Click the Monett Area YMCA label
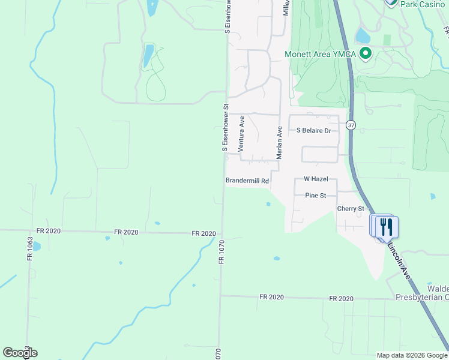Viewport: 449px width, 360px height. coord(321,54)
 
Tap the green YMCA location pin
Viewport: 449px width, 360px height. coord(365,54)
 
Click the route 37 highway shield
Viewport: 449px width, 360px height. coord(351,125)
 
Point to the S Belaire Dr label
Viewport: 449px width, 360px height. coord(314,130)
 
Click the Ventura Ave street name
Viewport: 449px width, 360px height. coord(241,133)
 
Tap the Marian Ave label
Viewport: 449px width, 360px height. coord(279,143)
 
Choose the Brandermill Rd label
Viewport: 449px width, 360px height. coord(247,180)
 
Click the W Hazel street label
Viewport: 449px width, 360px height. coord(315,179)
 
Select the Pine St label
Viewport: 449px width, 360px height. coord(315,196)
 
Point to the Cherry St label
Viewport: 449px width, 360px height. coord(351,209)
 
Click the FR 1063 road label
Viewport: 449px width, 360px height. coord(29,248)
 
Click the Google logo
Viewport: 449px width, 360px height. coord(20,353)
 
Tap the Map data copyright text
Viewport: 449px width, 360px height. coord(411,355)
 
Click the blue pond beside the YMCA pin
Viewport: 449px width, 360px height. coord(363,36)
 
